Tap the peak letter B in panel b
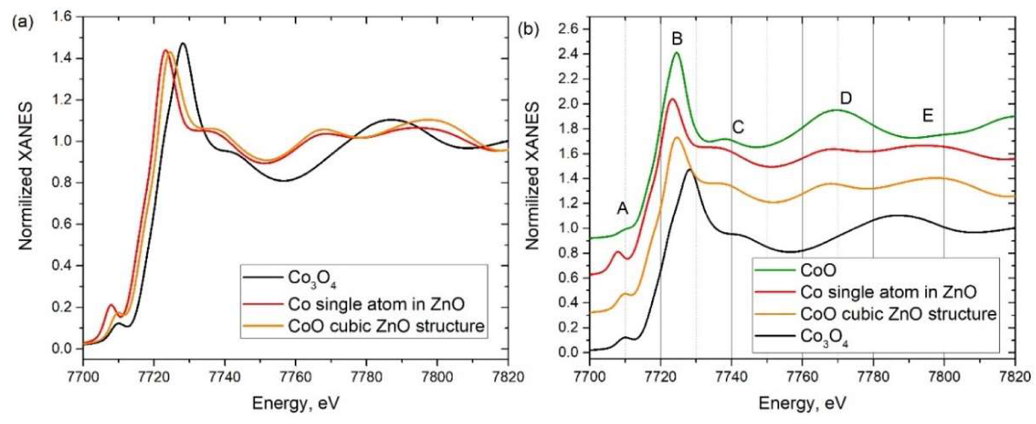pyautogui.click(x=677, y=39)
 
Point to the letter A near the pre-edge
pyautogui.click(x=623, y=209)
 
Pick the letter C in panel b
pyautogui.click(x=738, y=127)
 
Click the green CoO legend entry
pyautogui.click(x=818, y=270)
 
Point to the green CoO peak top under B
pyautogui.click(x=677, y=53)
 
